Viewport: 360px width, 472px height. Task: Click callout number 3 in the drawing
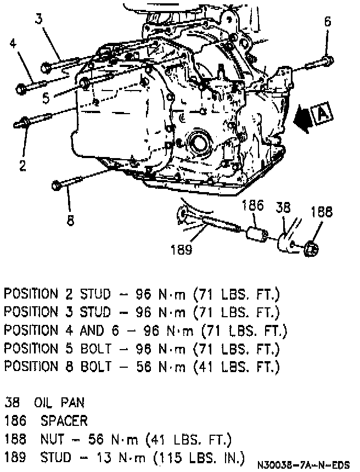coord(39,19)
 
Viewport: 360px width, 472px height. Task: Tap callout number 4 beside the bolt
coord(13,44)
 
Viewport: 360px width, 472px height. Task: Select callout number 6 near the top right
coord(328,22)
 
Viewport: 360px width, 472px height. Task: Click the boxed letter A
coord(321,114)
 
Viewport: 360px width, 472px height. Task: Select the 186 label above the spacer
coord(252,206)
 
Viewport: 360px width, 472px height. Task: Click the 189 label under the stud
coord(181,250)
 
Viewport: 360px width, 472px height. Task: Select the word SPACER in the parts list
coord(64,421)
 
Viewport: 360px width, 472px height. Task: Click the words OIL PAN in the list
coord(59,403)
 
